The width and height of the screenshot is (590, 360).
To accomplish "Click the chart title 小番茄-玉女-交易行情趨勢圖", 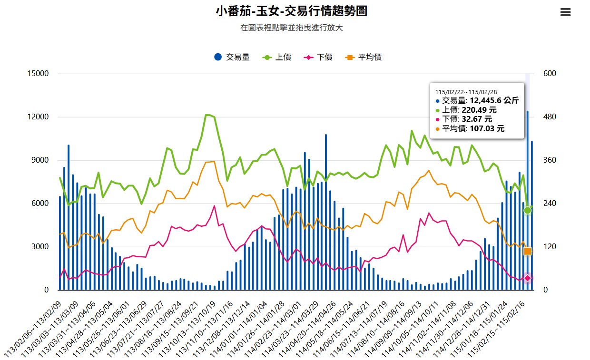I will (x=291, y=11).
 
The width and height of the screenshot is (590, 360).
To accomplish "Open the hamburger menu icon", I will (x=565, y=12).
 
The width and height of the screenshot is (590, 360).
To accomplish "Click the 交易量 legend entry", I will (x=232, y=57).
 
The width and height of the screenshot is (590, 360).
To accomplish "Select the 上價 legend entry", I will (x=277, y=57).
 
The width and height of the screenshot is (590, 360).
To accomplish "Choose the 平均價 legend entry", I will (x=364, y=57).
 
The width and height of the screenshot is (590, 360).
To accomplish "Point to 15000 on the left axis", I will (x=39, y=74).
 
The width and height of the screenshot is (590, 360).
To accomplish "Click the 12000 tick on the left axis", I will (x=39, y=117).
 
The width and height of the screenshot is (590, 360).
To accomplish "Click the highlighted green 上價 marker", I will (x=527, y=210).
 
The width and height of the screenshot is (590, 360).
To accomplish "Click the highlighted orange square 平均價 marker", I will (x=527, y=251).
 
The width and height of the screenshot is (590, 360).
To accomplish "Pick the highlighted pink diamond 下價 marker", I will (x=527, y=278).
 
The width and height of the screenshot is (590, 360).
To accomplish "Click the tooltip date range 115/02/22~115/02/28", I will (x=466, y=92).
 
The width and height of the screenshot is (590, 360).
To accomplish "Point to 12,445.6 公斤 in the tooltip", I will (x=494, y=100).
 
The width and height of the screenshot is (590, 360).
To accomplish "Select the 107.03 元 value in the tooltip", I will (x=487, y=128).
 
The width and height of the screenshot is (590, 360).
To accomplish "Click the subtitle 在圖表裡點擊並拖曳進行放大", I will (x=291, y=28).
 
